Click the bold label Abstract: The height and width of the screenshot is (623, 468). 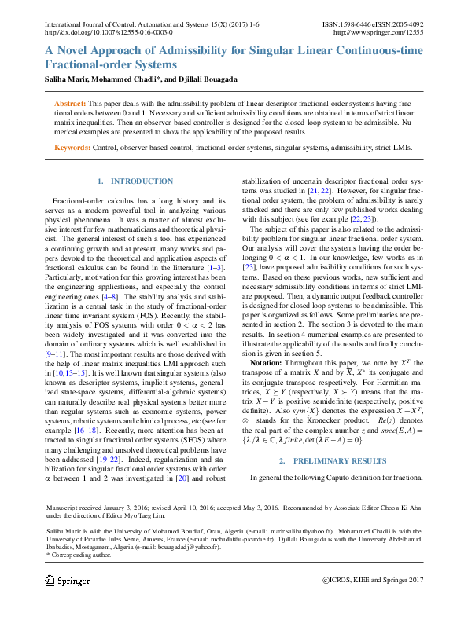(70, 104)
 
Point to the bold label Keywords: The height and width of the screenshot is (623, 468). (72, 147)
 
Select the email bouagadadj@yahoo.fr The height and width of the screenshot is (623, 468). (184, 547)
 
